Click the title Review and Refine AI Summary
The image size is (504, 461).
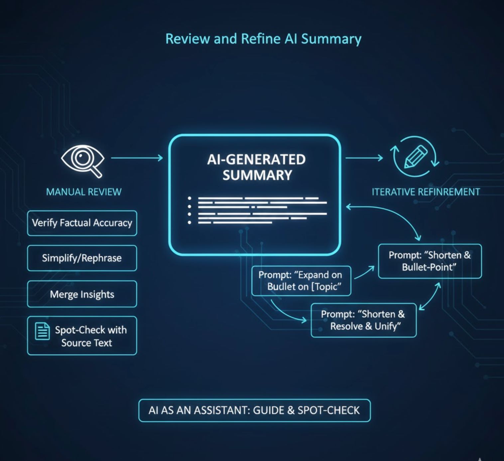coord(263,39)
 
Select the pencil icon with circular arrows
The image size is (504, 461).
coord(415,157)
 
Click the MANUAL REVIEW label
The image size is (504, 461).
coord(84,192)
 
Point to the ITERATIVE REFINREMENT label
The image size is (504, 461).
coord(426,192)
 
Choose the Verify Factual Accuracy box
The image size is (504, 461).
coord(82,223)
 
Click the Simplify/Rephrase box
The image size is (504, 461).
coord(82,258)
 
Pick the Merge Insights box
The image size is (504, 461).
coord(82,294)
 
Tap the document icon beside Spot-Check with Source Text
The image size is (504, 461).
coord(42,331)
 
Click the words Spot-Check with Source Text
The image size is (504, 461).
coord(90,336)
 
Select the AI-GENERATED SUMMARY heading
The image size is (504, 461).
coord(256,167)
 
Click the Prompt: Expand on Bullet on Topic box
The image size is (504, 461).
coord(301,281)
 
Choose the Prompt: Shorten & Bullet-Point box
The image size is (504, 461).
coord(430,261)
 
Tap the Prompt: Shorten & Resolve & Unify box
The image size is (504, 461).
coord(363,320)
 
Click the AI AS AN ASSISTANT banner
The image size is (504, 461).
coord(254,411)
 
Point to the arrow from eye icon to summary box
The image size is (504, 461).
coord(137,158)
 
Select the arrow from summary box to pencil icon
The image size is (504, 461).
coord(364,158)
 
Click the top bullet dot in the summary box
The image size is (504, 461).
coord(189,198)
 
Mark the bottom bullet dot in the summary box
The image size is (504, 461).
coord(189,222)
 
